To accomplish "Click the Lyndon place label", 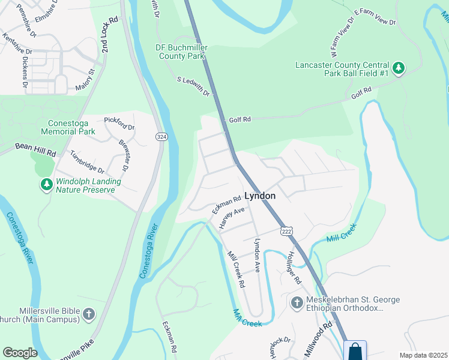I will click(x=260, y=196).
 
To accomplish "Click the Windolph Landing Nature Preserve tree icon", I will click(x=46, y=185).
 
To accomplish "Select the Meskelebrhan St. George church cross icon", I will click(x=297, y=303).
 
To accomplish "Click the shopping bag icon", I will click(x=355, y=350).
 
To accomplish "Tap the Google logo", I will click(x=20, y=353).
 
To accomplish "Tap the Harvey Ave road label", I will click(x=232, y=218).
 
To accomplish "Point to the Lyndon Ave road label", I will click(x=257, y=255).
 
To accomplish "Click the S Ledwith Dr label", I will click(x=193, y=86).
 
